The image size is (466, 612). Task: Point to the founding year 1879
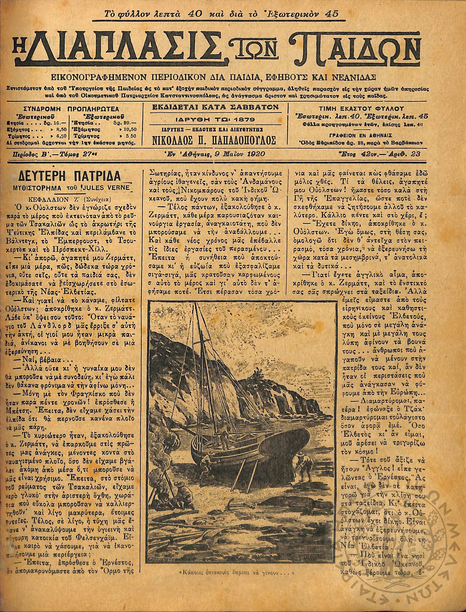(243, 120)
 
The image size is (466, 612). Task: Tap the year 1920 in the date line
(255, 154)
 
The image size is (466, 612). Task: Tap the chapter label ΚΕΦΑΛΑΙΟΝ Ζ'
(59, 199)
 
